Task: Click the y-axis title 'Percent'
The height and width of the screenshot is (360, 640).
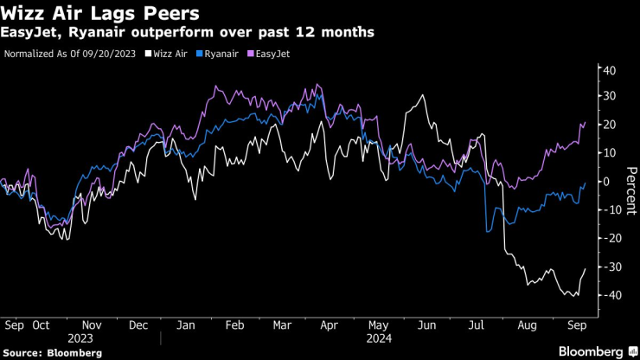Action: point(631,182)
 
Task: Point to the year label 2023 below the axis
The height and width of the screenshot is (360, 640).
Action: point(80,338)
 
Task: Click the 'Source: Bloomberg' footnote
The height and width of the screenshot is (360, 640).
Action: point(52,353)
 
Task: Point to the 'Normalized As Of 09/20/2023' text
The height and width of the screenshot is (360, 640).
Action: point(70,54)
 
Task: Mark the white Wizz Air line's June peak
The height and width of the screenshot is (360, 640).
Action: point(423,95)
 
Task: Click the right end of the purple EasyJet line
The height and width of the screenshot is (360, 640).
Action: point(586,123)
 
